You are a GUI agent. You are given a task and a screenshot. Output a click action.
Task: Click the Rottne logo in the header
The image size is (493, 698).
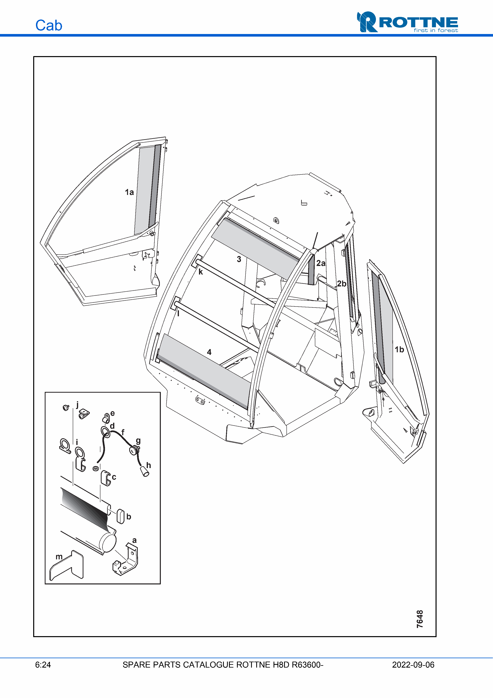coord(407,22)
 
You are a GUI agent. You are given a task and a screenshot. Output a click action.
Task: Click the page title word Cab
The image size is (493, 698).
coord(49,25)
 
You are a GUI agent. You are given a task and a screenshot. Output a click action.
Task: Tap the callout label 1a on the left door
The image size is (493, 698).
coord(129,192)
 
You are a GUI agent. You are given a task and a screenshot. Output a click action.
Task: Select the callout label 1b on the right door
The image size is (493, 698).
coord(399,350)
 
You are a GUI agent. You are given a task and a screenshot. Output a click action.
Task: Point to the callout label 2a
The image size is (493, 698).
coord(321,263)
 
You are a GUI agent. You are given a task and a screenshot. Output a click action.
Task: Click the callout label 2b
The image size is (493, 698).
coord(342,284)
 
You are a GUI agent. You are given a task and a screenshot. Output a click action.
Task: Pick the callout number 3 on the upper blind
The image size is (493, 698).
coord(239,259)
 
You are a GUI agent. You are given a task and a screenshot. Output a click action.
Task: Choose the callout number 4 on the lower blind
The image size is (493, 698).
coord(209,352)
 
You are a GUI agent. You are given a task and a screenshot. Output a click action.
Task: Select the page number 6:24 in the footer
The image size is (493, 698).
coord(43,665)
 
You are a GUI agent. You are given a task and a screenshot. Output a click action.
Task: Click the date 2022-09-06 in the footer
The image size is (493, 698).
coord(413,665)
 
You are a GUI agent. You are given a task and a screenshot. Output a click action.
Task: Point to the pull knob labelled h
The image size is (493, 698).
coord(145,471)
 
